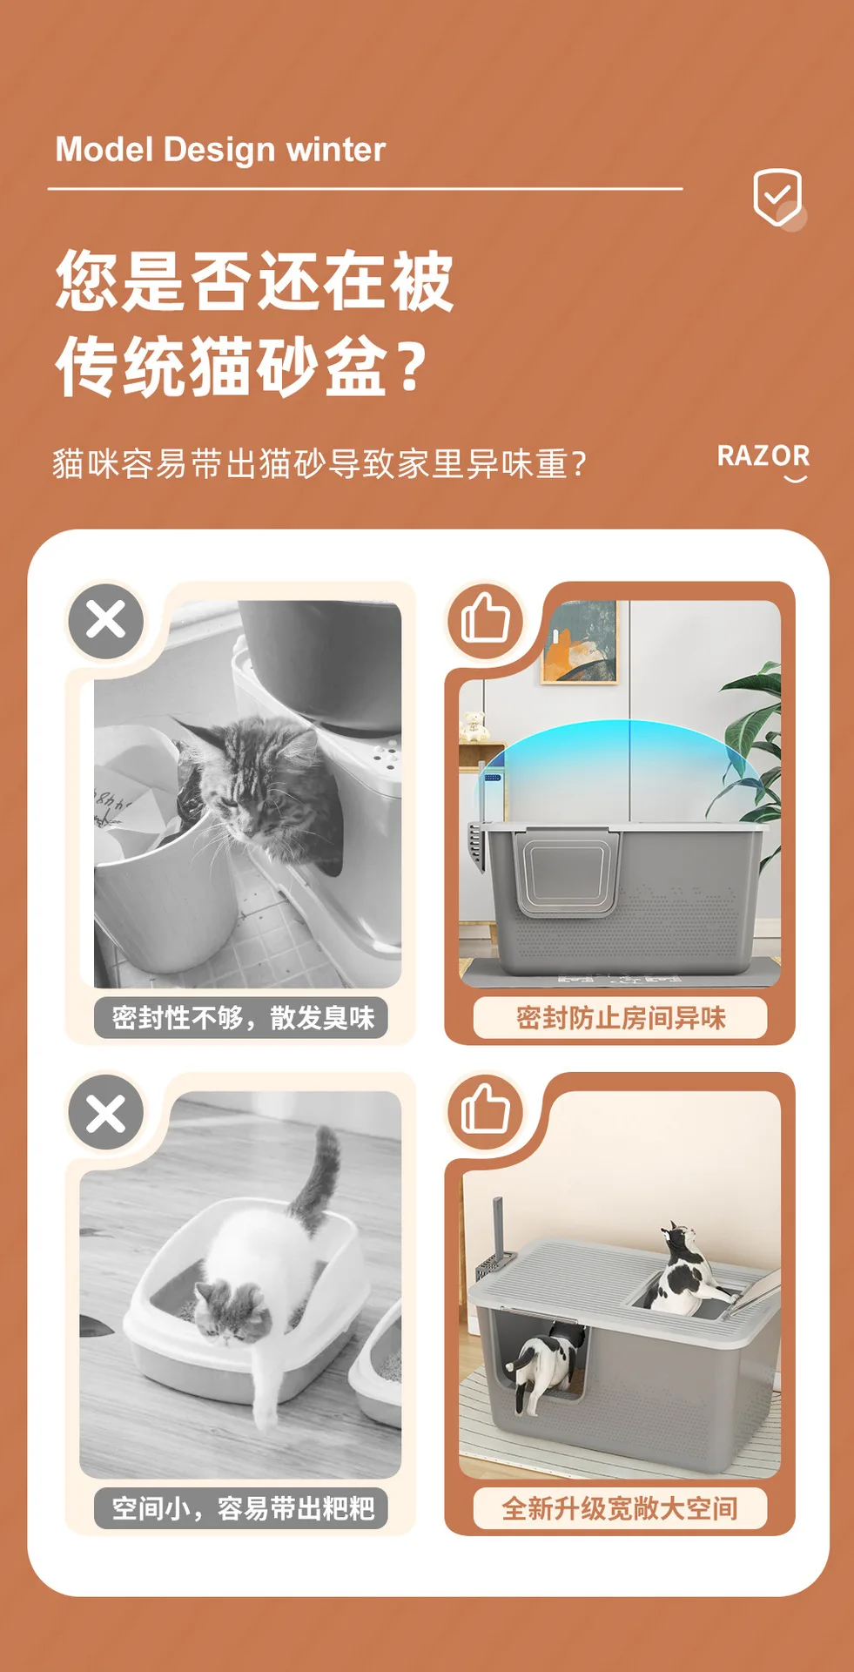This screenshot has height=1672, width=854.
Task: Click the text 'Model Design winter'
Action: pos(220,150)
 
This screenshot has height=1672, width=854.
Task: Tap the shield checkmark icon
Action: pos(777,198)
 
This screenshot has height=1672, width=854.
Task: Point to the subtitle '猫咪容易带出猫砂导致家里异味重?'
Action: pos(319,464)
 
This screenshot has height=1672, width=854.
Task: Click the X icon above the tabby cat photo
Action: pos(106,621)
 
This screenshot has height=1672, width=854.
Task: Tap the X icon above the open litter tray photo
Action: pos(106,1112)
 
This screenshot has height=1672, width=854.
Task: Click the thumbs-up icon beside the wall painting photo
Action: pos(485,618)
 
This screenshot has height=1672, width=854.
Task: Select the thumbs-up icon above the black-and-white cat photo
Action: pos(485,1109)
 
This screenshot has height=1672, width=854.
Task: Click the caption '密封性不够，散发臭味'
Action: pos(243,1017)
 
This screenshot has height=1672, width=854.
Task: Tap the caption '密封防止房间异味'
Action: pos(620,1017)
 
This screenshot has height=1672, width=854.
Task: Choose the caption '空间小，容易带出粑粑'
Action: pos(243,1507)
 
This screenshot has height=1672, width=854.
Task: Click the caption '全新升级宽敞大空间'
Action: pos(620,1507)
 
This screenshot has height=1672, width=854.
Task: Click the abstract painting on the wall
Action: pos(579,642)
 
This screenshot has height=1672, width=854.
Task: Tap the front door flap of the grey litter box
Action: pos(567,872)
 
